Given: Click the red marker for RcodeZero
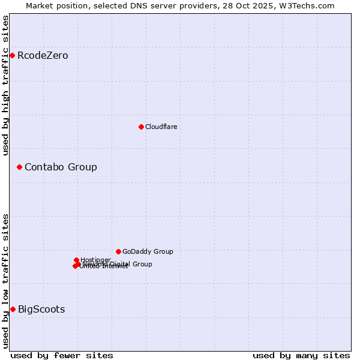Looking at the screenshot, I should coord(12,56).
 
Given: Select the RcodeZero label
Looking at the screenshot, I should coord(43,56).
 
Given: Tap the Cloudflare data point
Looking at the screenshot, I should coord(141,127).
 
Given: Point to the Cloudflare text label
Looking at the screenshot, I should coord(161,127).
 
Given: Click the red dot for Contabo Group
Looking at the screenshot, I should coord(19,167).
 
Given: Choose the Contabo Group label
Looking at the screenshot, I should coord(61,167).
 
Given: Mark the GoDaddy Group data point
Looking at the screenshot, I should coord(118,251).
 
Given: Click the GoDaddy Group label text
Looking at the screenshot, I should coord(148,251).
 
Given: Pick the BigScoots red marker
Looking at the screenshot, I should coord(13,310).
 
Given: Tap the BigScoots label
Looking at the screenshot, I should coord(41,310).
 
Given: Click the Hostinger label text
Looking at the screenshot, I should coord(95,260).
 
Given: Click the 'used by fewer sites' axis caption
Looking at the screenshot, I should coord(62,355).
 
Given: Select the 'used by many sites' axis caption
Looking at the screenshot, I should coord(301,355).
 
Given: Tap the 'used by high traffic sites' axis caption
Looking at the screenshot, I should coord(5,85).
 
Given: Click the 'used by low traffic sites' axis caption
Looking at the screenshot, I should coord(5,281).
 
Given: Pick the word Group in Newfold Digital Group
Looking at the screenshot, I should coord(142,264).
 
